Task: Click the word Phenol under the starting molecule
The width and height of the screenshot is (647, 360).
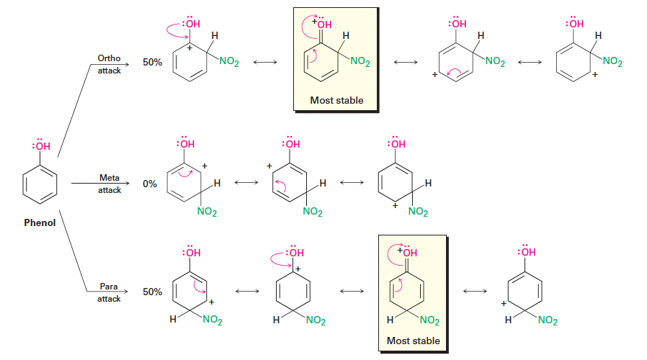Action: pos(40,222)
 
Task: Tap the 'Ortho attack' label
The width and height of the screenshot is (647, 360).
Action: pos(110,63)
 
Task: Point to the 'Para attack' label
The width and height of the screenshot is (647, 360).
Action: pos(110,292)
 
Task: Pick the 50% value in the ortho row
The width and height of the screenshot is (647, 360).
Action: pos(152,63)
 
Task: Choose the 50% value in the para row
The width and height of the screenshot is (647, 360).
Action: pos(152,292)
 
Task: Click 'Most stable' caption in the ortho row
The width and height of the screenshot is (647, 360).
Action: pos(336,100)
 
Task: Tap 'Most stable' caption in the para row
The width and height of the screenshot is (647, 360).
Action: pos(413,341)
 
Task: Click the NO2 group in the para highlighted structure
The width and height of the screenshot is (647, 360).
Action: pos(428,320)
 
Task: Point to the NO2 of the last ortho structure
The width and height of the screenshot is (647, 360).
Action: pos(612,62)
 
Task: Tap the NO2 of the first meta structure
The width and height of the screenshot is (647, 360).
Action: pos(206,212)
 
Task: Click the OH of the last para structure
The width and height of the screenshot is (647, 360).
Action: pos(528,252)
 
